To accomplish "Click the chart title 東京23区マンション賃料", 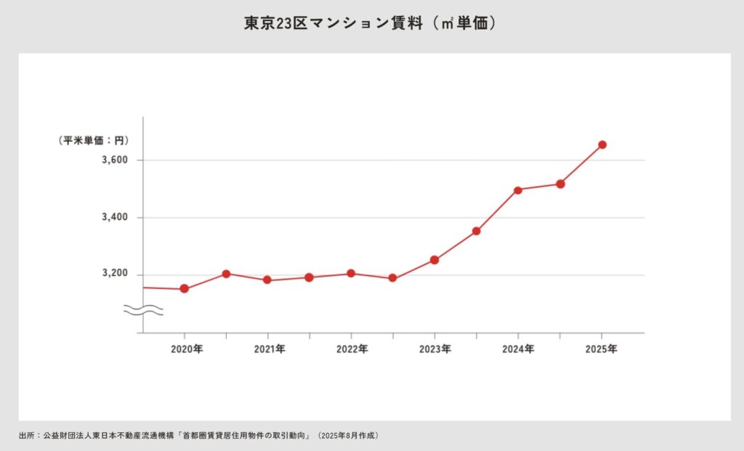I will pos(371,23).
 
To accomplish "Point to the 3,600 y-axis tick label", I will pos(115,160).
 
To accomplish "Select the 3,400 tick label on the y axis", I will pos(115,218).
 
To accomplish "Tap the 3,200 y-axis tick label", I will pos(115,275).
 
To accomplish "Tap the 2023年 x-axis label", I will pos(435,349).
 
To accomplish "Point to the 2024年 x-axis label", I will pos(519,349).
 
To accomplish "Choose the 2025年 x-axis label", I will pos(602,349).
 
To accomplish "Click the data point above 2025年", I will pos(602,145).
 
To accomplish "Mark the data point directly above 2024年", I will pos(518,190).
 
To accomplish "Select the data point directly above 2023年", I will pos(434,260).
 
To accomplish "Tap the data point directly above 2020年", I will pos(185,288).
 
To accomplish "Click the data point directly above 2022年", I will pos(351,274).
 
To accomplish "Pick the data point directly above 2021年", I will pos(267,280).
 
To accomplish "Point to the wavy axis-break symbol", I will pos(143,310).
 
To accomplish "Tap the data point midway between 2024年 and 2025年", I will pos(560,184).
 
